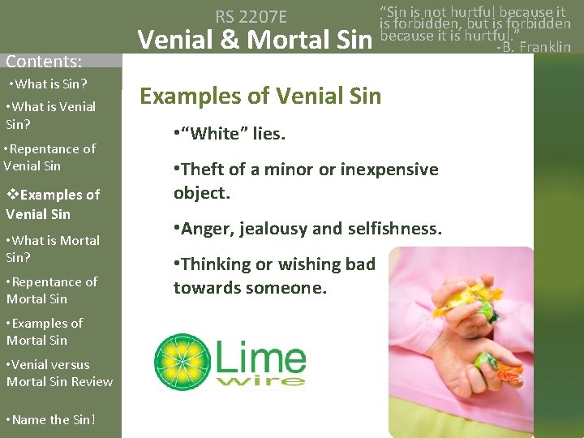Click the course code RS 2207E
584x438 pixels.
262,15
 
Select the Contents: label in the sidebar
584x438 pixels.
44,61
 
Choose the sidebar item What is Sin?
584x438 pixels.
48,84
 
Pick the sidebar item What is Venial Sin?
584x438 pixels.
50,115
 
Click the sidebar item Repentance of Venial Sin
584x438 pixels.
49,157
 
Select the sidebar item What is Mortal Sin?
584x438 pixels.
53,249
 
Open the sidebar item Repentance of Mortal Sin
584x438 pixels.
52,290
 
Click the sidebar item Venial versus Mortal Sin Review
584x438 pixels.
59,373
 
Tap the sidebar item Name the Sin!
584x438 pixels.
51,419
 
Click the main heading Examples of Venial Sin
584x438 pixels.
260,97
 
